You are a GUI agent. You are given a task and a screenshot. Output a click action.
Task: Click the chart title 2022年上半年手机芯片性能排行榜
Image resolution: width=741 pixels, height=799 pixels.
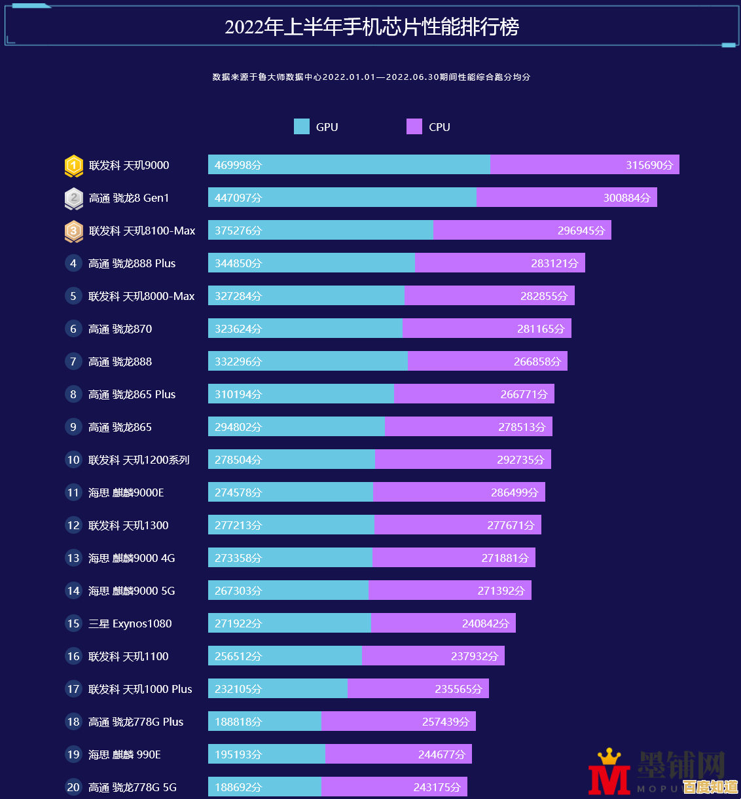point(371,27)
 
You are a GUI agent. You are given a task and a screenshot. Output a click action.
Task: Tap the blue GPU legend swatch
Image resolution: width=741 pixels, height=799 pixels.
point(302,126)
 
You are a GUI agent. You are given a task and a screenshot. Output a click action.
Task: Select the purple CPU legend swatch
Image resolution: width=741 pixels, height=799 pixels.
point(414,126)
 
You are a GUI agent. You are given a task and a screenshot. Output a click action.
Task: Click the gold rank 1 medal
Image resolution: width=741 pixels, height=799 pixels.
point(73,166)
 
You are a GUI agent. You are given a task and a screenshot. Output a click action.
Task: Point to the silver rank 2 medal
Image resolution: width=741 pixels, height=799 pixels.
point(73,198)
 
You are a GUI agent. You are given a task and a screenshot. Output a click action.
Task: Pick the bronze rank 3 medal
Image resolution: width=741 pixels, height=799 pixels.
point(73,231)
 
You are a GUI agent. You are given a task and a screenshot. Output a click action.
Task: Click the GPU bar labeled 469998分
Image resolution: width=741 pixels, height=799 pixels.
point(349,165)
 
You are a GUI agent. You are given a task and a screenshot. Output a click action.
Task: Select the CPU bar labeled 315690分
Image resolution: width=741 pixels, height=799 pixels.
point(585,165)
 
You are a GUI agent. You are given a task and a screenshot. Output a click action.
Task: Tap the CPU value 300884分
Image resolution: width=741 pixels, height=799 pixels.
point(626,198)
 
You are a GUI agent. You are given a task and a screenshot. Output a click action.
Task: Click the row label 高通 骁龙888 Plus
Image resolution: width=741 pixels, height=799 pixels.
point(132,263)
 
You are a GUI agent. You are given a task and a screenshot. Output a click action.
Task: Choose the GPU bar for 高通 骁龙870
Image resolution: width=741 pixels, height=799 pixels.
point(305,329)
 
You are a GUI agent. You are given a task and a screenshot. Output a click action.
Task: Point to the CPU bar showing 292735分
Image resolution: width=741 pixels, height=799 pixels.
point(463,460)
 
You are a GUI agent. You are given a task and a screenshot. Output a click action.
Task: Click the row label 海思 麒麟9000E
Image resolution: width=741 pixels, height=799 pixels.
point(126,492)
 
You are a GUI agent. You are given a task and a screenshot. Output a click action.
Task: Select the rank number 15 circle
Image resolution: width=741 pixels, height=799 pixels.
point(73,623)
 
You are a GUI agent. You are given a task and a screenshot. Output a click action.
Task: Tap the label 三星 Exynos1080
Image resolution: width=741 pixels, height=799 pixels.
point(130,623)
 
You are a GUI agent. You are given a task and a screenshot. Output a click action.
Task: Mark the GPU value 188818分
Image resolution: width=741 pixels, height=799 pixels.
point(238,722)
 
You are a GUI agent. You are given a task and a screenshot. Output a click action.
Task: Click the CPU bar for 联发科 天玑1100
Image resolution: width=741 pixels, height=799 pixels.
point(433,656)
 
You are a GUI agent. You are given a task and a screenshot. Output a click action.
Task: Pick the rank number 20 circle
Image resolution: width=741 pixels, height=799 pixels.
point(73,787)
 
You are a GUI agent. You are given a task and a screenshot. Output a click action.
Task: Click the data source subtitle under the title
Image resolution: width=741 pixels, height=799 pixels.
point(371,77)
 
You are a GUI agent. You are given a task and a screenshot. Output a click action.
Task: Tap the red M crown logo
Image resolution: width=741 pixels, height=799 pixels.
point(609,773)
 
